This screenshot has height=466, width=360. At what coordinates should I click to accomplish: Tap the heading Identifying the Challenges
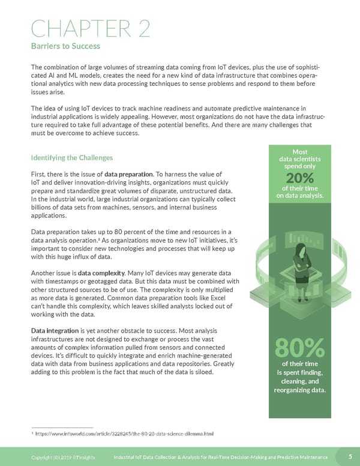pos(71,158)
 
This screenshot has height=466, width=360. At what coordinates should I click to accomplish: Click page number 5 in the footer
pos(350,457)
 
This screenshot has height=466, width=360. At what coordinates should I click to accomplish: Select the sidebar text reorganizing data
pos(300,392)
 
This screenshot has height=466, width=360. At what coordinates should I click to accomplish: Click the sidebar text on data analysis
pos(299,196)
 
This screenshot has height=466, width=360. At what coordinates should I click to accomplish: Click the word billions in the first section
pos(43,207)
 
